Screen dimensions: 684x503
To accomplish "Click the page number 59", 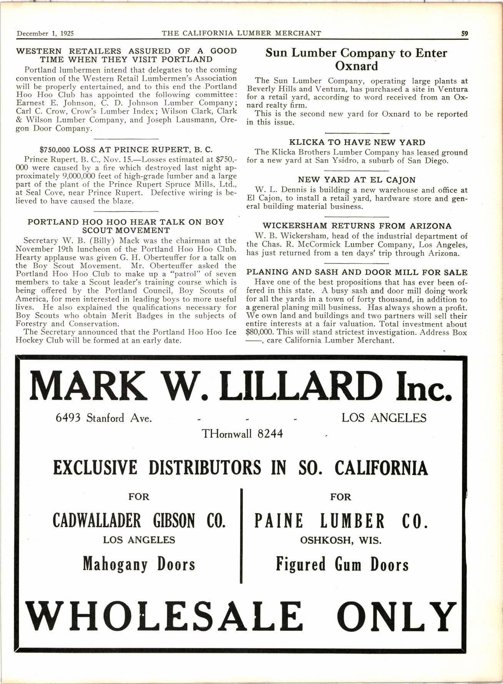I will click(465, 33).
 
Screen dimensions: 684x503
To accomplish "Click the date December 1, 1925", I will click(45, 33).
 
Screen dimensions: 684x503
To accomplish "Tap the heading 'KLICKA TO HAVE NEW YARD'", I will click(357, 143).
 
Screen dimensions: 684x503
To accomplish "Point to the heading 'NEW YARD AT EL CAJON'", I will click(357, 180).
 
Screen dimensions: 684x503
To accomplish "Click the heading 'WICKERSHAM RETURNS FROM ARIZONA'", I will click(357, 226).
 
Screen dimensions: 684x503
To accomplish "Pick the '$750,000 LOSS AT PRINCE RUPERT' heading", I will click(126, 149).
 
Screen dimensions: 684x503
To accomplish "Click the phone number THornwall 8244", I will click(242, 434).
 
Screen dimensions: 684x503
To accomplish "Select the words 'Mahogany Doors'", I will click(139, 564).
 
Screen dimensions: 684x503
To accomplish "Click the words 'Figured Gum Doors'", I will click(342, 564).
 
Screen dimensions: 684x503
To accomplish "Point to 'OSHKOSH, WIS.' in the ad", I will click(341, 540).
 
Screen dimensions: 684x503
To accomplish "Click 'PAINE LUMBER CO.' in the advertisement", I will click(341, 521).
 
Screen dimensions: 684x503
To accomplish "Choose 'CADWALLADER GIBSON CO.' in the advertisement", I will click(139, 521).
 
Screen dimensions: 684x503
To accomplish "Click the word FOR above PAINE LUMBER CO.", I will click(341, 497).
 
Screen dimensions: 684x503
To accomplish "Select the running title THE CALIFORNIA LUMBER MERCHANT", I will click(242, 33).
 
